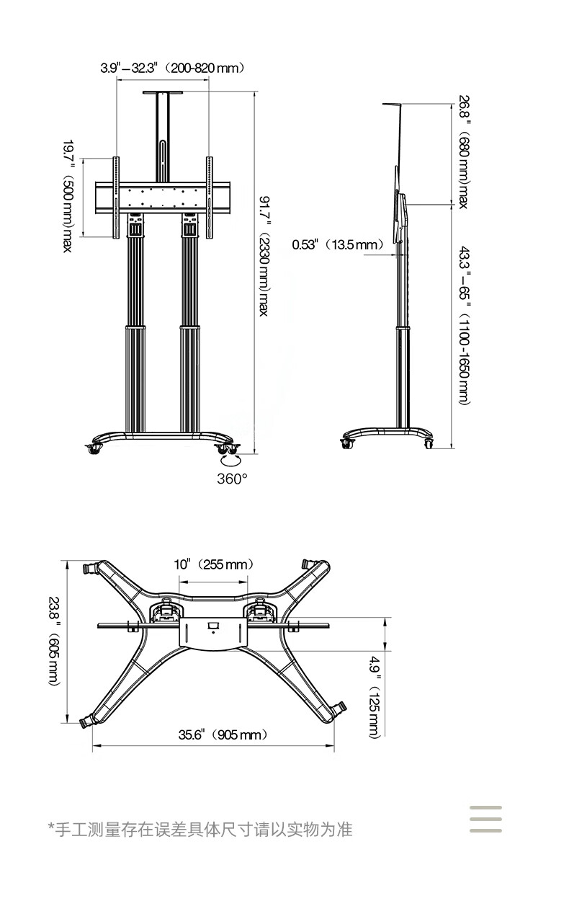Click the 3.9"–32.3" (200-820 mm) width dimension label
point(172,68)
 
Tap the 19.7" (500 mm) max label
point(68,196)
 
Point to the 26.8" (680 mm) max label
point(463,152)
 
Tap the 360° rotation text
point(232,479)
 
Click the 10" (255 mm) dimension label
point(214,564)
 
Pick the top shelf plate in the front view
point(163,92)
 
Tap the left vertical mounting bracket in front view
point(116,198)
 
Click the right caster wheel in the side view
point(429,443)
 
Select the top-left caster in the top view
point(91,569)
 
